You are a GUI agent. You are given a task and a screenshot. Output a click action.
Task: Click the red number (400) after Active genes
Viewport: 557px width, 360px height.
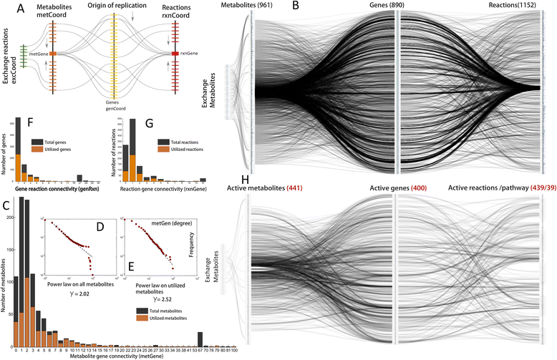(x=417, y=188)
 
